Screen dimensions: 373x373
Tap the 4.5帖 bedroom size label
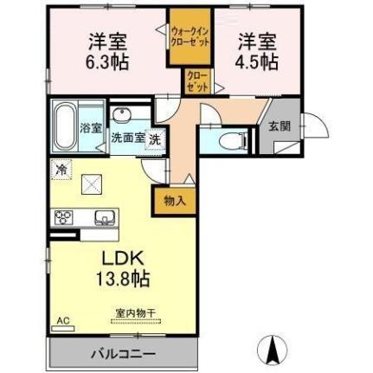coord(258,61)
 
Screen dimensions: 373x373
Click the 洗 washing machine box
coord(153,138)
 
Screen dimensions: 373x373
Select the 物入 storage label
coord(175,201)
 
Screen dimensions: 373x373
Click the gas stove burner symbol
coord(63,217)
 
